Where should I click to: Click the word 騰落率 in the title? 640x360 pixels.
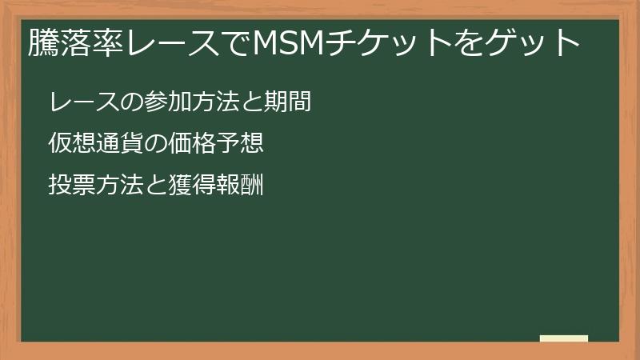click(x=76, y=42)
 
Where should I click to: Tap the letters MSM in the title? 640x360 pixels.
click(x=289, y=42)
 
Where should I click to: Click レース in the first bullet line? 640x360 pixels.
click(x=84, y=102)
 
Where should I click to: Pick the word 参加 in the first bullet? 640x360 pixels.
click(x=168, y=102)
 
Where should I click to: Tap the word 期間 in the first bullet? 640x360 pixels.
click(x=288, y=102)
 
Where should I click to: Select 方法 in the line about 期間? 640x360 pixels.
click(x=215, y=102)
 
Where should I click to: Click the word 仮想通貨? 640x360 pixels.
click(x=96, y=143)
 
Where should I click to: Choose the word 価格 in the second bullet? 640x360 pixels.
click(x=192, y=143)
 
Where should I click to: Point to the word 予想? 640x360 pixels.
click(x=239, y=143)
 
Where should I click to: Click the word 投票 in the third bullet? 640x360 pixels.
click(x=72, y=185)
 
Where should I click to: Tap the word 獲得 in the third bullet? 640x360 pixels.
click(x=192, y=185)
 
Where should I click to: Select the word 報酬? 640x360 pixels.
click(x=239, y=185)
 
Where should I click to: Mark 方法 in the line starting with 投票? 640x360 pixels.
click(x=120, y=185)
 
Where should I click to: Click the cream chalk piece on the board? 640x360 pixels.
click(x=564, y=338)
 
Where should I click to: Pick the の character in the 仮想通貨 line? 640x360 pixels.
click(x=155, y=143)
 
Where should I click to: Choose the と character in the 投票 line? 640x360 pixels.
click(x=155, y=185)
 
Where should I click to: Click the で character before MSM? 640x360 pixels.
click(x=237, y=42)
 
